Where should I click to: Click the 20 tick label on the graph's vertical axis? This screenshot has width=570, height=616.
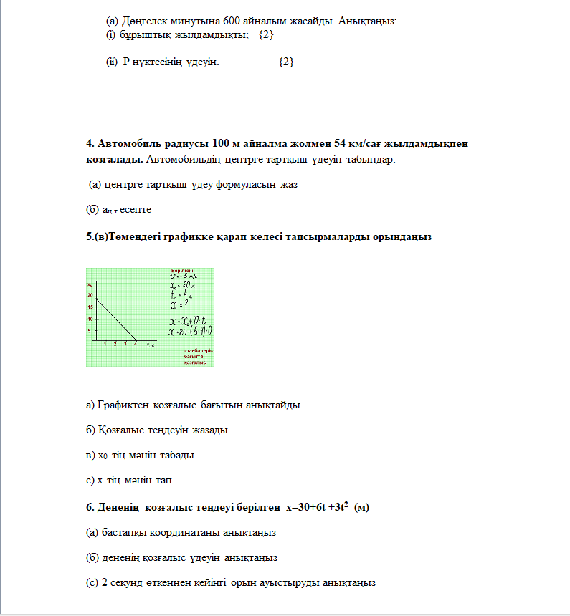(x=90, y=295)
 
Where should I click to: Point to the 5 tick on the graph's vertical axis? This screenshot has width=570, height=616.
(x=90, y=331)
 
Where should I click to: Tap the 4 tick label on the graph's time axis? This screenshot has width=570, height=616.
(x=136, y=345)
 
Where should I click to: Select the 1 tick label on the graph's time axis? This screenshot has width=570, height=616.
(x=105, y=345)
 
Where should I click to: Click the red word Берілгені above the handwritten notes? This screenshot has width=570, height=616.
(x=182, y=270)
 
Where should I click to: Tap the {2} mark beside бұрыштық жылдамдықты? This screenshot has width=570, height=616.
(x=266, y=34)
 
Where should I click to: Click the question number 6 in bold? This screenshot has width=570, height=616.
(x=90, y=507)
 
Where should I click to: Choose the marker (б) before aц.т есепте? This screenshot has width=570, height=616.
(x=92, y=210)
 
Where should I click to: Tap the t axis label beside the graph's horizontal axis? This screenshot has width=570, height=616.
(x=151, y=345)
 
